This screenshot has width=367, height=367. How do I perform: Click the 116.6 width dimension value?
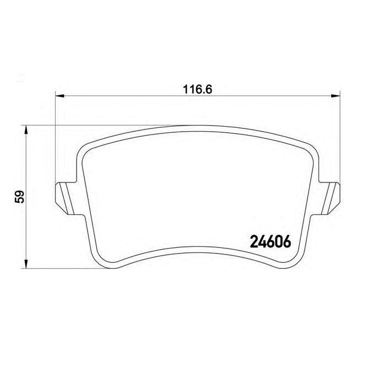(197, 89)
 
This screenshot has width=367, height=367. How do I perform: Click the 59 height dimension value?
(19, 197)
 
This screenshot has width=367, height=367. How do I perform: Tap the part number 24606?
(271, 241)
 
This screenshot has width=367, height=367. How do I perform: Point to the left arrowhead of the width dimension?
(60, 95)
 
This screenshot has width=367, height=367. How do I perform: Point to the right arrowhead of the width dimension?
(336, 95)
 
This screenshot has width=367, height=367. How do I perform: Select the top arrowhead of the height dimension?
(26, 130)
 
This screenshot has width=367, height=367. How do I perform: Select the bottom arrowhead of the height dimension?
(26, 264)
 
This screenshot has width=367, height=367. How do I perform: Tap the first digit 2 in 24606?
(254, 241)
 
